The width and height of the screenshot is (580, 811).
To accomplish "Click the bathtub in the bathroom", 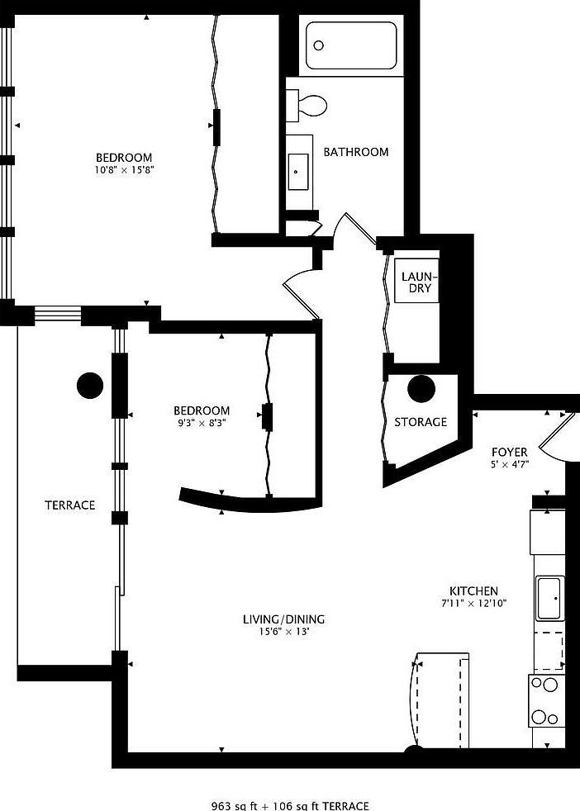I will [x=351, y=45].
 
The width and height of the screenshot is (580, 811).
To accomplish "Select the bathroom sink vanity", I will [x=299, y=172].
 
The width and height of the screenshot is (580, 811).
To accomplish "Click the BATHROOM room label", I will [x=355, y=152].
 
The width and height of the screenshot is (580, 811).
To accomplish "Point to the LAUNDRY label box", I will [x=416, y=282].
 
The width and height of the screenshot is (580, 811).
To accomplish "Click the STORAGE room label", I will [x=420, y=422].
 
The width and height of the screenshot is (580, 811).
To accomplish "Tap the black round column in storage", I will [x=421, y=389].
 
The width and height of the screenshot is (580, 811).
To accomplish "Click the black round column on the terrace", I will [x=90, y=385].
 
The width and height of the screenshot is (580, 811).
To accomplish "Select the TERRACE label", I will [x=69, y=505].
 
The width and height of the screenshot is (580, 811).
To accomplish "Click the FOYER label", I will [x=510, y=452].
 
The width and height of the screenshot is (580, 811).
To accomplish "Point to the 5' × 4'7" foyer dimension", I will [x=510, y=464].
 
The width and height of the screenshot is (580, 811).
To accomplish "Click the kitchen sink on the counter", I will [x=549, y=599].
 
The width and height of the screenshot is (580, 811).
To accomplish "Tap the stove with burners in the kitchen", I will [x=545, y=700].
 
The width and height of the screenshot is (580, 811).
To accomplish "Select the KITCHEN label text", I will [x=473, y=591].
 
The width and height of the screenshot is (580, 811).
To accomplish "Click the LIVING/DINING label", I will [x=283, y=619].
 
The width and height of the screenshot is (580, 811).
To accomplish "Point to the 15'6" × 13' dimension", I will [x=283, y=632].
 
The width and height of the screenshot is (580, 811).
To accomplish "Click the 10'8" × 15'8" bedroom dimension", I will [x=124, y=170].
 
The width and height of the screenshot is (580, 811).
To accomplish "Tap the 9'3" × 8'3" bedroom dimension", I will [x=201, y=423].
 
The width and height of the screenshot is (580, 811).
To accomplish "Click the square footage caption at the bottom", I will [x=290, y=805].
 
